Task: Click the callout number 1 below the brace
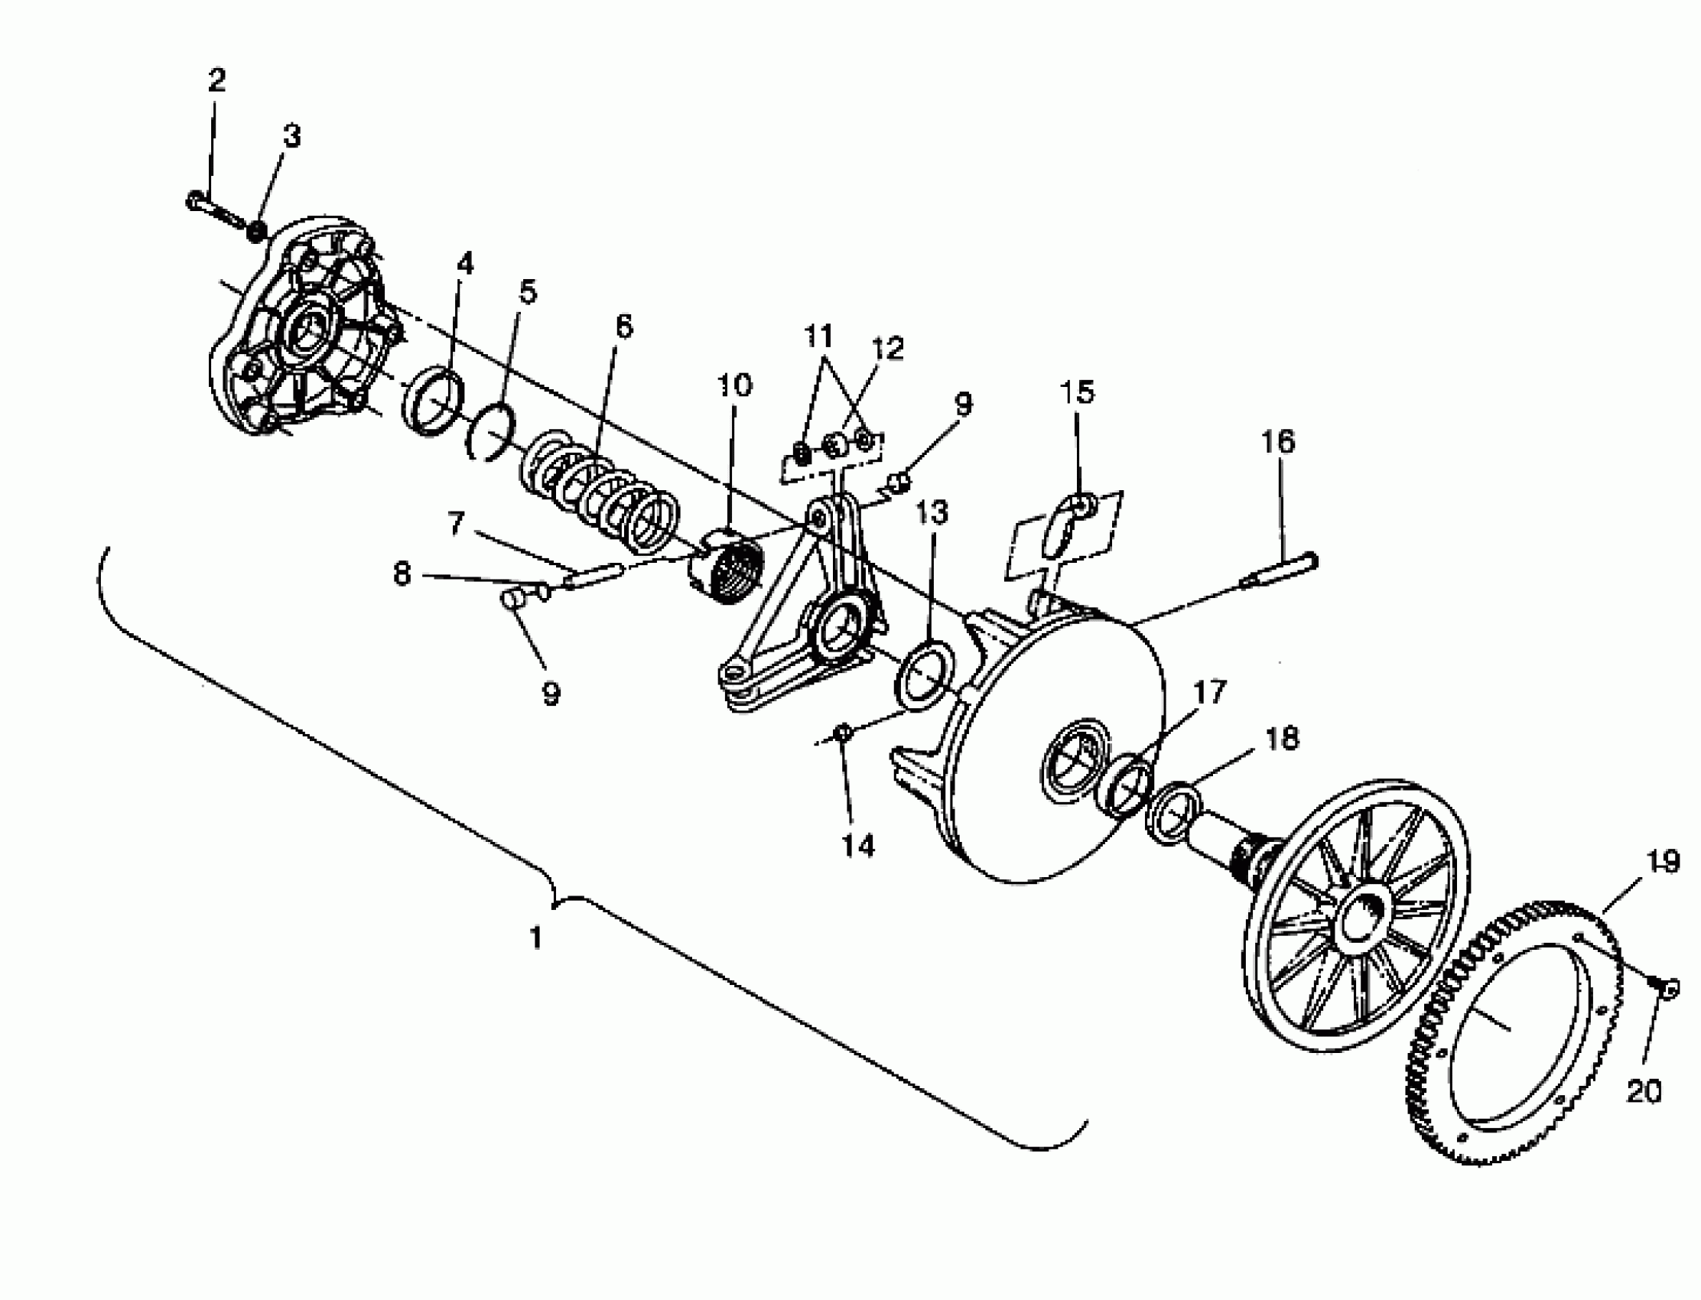tap(535, 938)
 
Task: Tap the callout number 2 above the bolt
tap(216, 80)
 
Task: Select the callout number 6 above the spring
tap(624, 326)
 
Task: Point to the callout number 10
tap(734, 385)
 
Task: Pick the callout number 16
tap(1278, 442)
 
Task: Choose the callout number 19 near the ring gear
tap(1662, 861)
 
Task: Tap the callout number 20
tap(1644, 1091)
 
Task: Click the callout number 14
tap(857, 846)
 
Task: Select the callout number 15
tap(1078, 392)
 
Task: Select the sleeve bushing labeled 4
tap(434, 402)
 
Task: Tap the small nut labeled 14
tap(844, 731)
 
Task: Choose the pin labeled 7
tap(594, 576)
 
